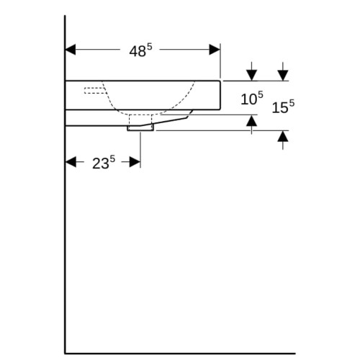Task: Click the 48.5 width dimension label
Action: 140,50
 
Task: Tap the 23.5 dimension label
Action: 104,163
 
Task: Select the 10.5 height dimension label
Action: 252,98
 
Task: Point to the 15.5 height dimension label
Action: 283,107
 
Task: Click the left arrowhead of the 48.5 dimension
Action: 71,50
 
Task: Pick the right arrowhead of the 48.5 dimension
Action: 215,50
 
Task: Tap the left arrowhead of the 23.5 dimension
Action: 71,162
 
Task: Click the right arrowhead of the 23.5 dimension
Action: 135,162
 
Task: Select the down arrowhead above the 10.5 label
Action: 251,75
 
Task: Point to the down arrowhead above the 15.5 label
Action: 283,75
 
